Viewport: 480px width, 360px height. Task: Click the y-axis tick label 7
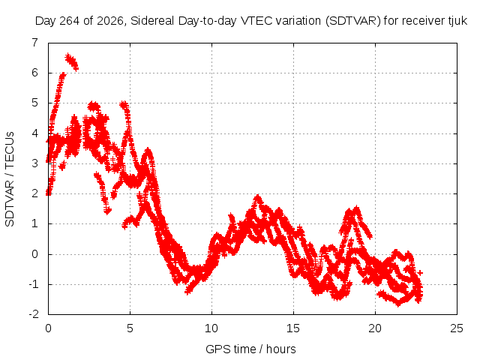(x=35, y=43)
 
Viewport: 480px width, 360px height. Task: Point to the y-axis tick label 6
(x=35, y=73)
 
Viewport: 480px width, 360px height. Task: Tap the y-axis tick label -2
(x=34, y=314)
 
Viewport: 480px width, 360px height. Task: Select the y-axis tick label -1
(x=34, y=284)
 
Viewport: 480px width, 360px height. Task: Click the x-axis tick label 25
(x=457, y=328)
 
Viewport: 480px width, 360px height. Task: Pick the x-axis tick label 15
(x=293, y=328)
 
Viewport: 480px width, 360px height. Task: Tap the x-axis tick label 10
(x=211, y=328)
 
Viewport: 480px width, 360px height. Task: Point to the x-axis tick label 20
(x=375, y=328)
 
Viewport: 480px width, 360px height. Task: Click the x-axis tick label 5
(x=130, y=328)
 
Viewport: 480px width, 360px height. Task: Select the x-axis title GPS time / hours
(x=250, y=349)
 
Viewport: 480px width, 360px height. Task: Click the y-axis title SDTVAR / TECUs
(x=10, y=179)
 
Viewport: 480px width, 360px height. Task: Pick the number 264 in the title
(x=70, y=21)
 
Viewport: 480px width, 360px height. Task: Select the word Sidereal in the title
(x=152, y=21)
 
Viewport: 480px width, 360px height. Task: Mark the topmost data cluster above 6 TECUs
(x=72, y=61)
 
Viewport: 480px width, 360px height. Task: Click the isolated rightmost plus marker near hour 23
(x=420, y=272)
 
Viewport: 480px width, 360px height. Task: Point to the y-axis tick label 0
(x=35, y=254)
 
